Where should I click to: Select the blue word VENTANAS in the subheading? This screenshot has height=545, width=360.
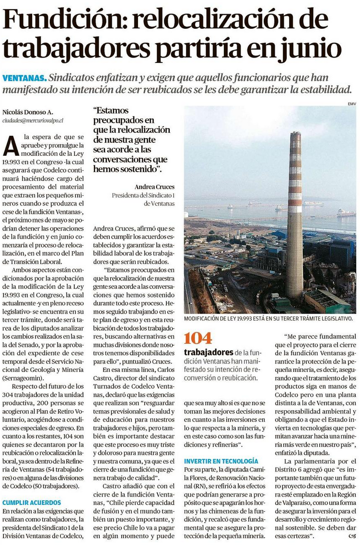point(24,78)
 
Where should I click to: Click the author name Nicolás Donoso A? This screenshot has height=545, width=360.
point(27,112)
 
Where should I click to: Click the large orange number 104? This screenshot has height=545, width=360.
point(198,338)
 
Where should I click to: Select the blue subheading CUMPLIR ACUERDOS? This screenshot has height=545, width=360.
point(32,502)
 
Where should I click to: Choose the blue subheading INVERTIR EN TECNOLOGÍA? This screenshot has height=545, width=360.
point(221,461)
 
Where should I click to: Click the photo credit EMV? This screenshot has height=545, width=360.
point(351,104)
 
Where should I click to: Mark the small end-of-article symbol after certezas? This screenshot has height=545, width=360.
point(352,535)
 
